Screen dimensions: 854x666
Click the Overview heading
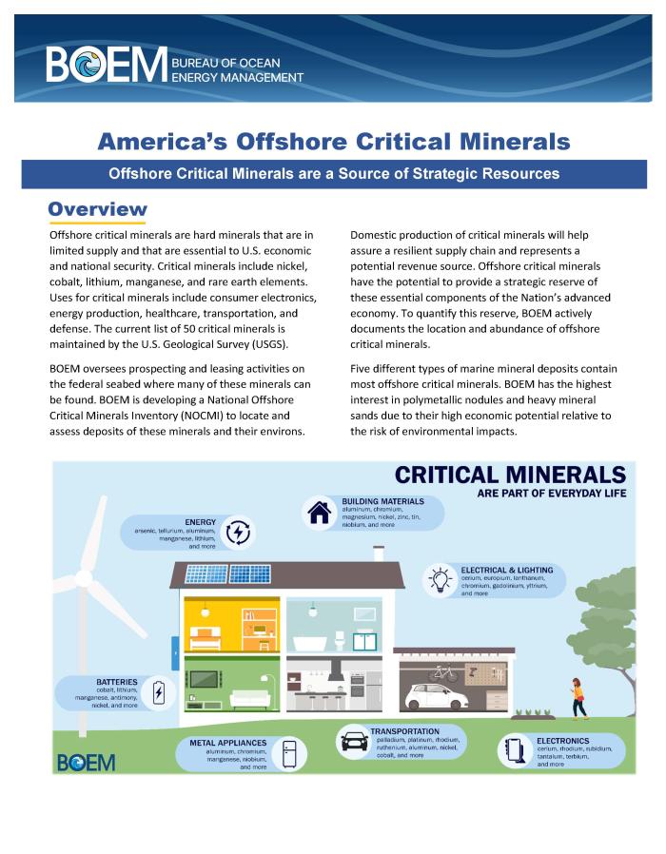[98, 209]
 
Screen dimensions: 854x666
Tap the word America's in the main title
[157, 143]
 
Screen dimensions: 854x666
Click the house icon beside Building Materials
[317, 512]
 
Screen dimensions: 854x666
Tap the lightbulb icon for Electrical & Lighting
[441, 580]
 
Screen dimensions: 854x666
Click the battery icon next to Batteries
[159, 693]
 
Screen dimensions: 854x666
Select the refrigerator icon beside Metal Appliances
[289, 752]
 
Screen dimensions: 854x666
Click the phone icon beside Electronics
[515, 750]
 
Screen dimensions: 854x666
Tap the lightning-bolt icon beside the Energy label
[239, 533]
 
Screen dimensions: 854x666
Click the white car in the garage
[432, 696]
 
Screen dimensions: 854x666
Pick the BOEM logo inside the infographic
[87, 762]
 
